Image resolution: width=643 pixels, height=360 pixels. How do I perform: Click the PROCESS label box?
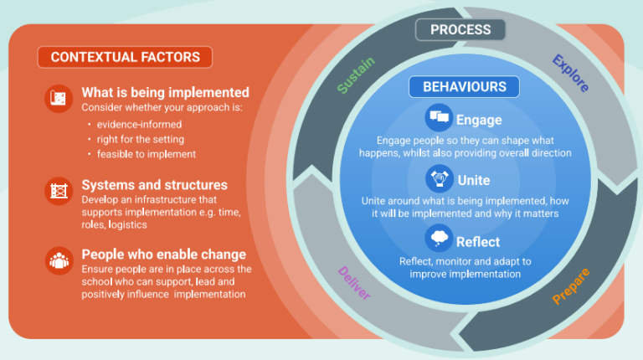(x=460, y=30)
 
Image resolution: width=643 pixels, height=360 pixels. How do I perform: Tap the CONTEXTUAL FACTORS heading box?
(x=125, y=57)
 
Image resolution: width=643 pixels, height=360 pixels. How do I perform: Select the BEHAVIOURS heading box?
(x=464, y=86)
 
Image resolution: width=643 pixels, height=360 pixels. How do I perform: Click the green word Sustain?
(x=357, y=76)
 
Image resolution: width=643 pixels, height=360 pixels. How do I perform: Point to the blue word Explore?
(x=570, y=74)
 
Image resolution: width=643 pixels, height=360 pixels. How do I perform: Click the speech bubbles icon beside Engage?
(x=438, y=116)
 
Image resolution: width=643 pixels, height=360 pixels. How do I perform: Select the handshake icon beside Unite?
(x=438, y=179)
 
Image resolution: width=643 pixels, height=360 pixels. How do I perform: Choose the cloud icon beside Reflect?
(x=438, y=241)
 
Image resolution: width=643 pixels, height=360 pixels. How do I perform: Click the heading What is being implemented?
(x=165, y=93)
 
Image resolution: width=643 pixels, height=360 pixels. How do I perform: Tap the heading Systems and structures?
(x=154, y=184)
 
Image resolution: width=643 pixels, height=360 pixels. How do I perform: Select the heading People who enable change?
(x=163, y=255)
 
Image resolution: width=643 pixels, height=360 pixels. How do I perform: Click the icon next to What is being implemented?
(x=58, y=99)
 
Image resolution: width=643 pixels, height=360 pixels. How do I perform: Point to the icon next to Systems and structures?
(x=58, y=191)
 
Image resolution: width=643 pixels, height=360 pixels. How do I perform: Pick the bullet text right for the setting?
(x=140, y=139)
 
